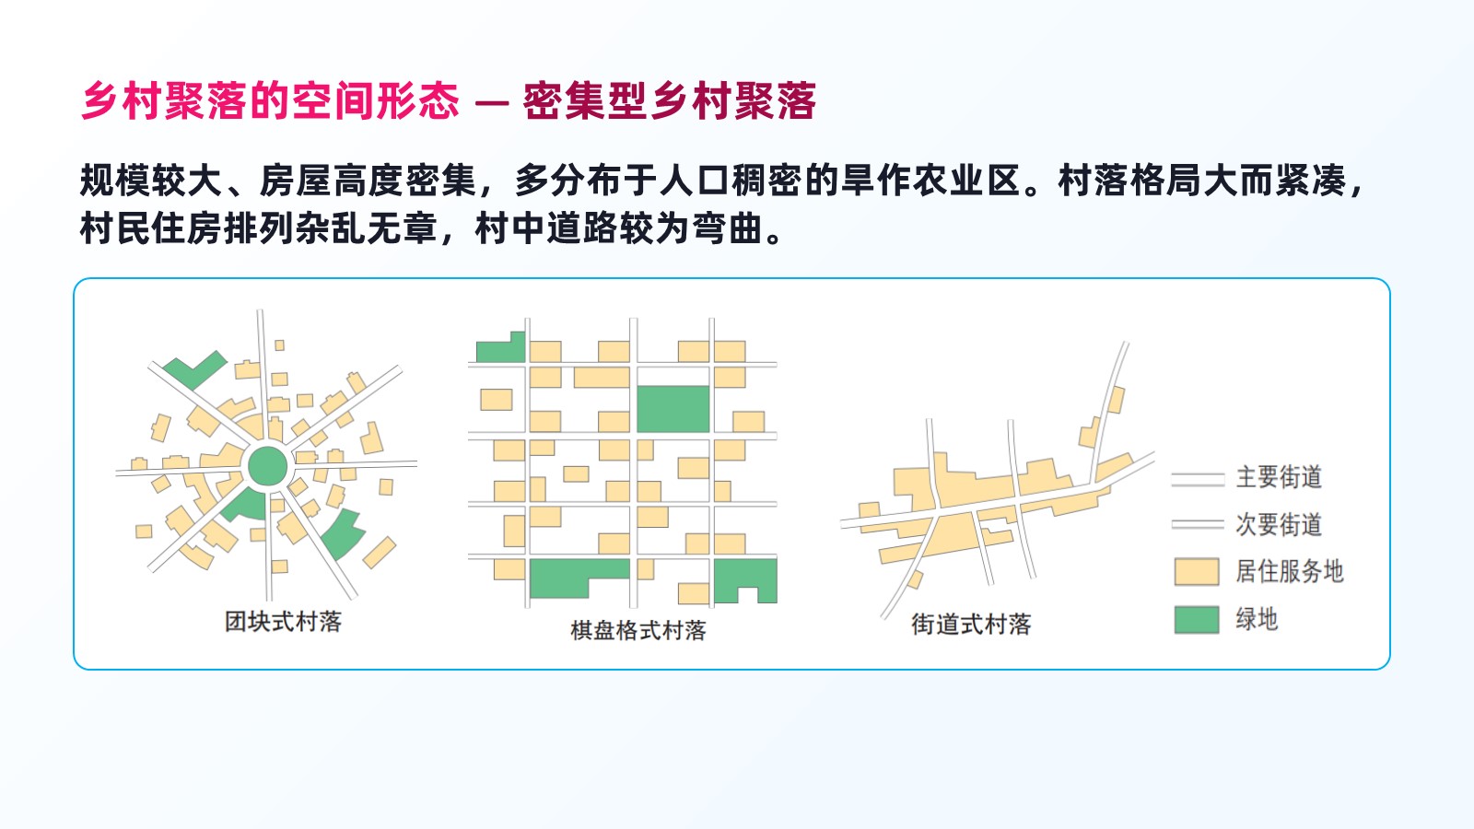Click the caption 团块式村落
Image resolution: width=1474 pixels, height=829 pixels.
(283, 622)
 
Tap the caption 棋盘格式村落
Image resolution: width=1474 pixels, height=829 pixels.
(638, 630)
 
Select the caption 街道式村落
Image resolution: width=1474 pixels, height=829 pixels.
(971, 625)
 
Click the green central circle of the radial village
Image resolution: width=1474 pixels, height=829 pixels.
(267, 466)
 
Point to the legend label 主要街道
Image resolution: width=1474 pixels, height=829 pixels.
(1279, 477)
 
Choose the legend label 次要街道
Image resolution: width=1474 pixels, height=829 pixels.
(1279, 524)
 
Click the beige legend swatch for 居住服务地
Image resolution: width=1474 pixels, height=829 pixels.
(1197, 572)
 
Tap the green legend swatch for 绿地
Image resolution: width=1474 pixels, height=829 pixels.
(1197, 620)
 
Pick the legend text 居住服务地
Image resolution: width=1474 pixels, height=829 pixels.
(1289, 571)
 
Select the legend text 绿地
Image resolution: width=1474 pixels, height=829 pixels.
(1257, 619)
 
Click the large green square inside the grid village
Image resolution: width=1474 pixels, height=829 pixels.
(673, 409)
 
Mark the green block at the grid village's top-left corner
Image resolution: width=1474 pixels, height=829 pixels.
(501, 347)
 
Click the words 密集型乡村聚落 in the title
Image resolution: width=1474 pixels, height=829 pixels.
(669, 101)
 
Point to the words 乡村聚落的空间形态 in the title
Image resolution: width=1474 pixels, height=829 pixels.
(270, 101)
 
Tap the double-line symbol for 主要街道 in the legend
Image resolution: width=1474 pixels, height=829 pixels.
(1198, 479)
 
